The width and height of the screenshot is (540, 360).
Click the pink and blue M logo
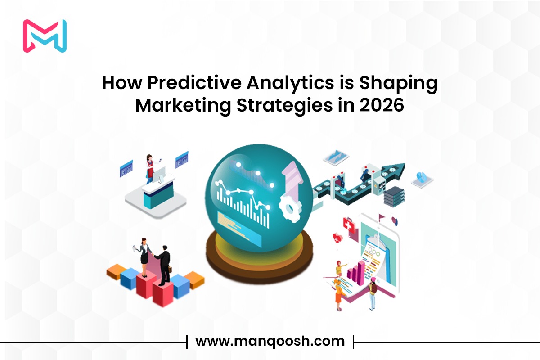tap(45, 36)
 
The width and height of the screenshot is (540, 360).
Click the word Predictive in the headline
tap(194, 83)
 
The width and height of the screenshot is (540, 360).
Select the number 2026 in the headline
tap(382, 105)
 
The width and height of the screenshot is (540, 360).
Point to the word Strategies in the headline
tap(284, 106)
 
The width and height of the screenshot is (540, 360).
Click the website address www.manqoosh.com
tap(270, 342)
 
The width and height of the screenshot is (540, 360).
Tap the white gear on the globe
tap(290, 208)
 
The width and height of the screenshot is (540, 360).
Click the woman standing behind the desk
tap(150, 169)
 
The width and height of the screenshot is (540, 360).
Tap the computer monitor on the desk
tap(159, 174)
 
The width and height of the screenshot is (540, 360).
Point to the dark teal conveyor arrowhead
tap(395, 171)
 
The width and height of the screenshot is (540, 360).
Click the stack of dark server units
tap(394, 197)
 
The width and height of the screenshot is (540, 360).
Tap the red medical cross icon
tap(349, 225)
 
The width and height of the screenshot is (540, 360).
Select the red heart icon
tap(337, 238)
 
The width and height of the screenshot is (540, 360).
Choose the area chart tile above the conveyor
tap(336, 157)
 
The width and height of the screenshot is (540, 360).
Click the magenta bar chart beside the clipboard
tap(356, 273)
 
